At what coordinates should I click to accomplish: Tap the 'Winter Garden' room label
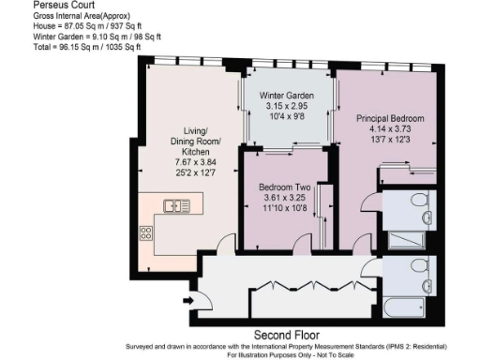coord(286,96)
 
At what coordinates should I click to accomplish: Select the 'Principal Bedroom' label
coord(390,119)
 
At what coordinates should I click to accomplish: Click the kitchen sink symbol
coord(175,204)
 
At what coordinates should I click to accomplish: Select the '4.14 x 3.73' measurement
coord(390,130)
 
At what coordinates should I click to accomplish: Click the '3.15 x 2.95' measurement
coord(286,107)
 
